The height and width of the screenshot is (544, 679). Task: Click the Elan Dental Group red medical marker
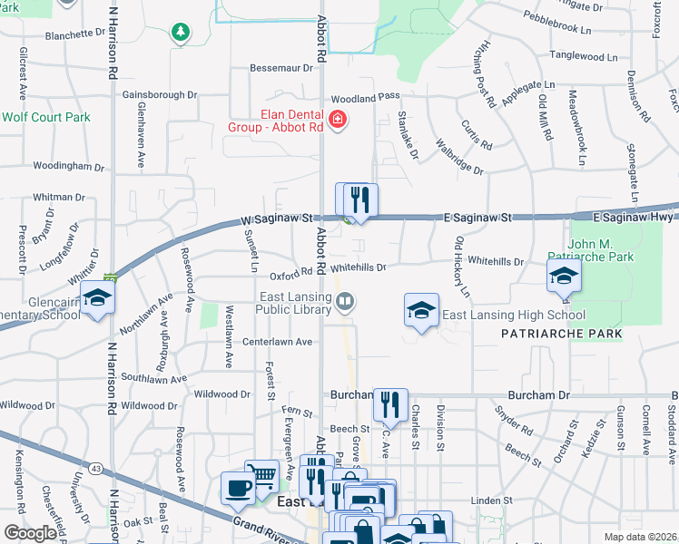click(339, 120)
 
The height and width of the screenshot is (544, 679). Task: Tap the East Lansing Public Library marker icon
click(345, 303)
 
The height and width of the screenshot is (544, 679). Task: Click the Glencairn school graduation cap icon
click(96, 298)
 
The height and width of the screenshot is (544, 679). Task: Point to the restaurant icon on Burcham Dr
click(390, 404)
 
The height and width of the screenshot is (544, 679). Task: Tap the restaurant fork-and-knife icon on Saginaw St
click(360, 199)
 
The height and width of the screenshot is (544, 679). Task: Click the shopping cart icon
click(262, 475)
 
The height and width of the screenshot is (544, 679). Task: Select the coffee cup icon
click(239, 488)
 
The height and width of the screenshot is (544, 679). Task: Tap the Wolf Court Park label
click(45, 117)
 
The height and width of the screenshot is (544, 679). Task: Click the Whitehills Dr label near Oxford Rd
click(359, 267)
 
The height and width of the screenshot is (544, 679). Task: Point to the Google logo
click(30, 533)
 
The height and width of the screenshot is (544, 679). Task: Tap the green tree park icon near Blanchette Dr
click(181, 33)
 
